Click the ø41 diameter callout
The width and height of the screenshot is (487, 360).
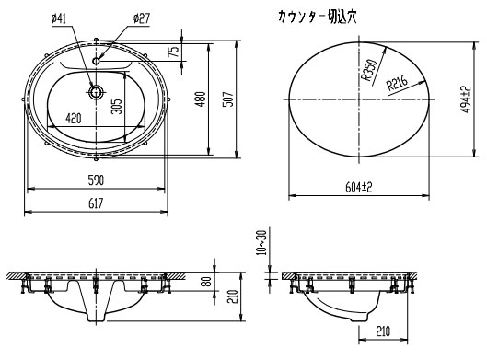[x=59, y=19]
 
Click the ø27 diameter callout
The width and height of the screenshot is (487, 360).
[x=142, y=18]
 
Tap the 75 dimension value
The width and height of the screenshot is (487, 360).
[x=175, y=51]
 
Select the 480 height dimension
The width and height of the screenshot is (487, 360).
[x=202, y=99]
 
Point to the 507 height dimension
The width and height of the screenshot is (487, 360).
[x=228, y=99]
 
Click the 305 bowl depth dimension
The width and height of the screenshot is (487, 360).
[x=117, y=106]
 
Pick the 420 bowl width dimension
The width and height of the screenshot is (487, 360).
[x=74, y=118]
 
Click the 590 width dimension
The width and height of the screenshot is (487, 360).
[x=96, y=180]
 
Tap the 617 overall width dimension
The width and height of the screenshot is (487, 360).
[x=96, y=203]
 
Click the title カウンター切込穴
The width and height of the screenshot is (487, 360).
[x=318, y=17]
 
